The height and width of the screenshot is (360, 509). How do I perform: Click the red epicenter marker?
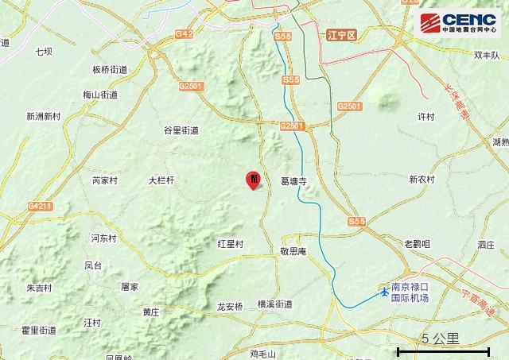point(254,180)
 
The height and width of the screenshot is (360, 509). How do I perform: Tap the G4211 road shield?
point(40,207)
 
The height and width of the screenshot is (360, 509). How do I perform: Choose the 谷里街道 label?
point(181,130)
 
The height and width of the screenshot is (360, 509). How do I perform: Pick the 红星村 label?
point(230,243)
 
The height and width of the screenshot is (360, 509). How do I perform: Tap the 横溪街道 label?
point(274,304)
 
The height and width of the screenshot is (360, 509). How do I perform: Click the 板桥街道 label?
point(110,70)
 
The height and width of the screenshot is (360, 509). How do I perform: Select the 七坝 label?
point(44,52)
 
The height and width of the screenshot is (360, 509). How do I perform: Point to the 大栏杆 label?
point(161,180)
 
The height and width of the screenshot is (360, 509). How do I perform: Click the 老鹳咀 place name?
point(418,244)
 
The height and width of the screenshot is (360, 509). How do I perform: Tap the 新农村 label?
point(422,180)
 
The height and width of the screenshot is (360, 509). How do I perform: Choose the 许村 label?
point(426,116)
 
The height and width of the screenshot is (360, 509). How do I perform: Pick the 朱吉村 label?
point(38,288)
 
